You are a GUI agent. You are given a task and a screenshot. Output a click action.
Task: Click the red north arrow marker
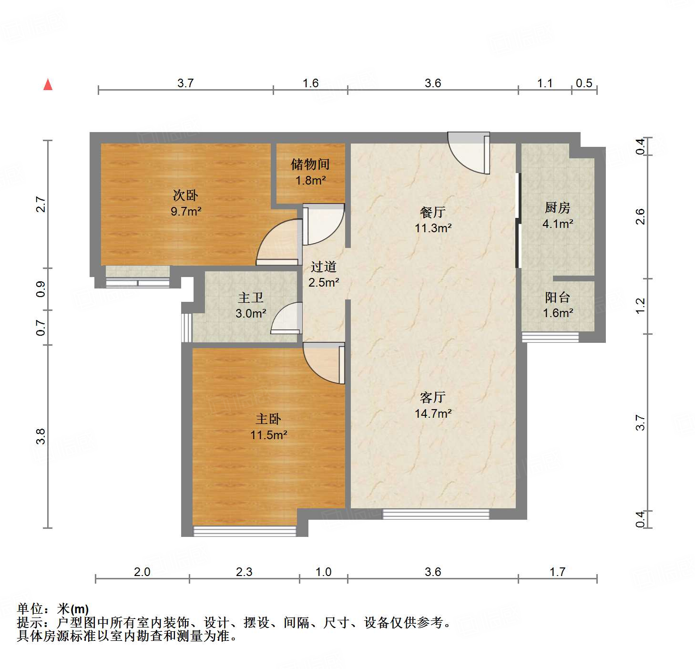pos(48,84)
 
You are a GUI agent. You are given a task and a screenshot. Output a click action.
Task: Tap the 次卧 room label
pos(185,195)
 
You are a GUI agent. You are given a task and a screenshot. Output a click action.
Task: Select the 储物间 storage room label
pos(310,165)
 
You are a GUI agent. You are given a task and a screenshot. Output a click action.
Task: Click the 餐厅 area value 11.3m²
pos(433,228)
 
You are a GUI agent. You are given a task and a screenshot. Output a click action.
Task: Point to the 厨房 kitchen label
pos(557,208)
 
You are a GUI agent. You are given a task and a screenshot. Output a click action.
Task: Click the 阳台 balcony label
pos(557,298)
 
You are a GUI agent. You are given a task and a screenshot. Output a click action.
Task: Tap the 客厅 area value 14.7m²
pos(433,413)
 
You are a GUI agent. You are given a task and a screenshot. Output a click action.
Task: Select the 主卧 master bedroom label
pos(268,419)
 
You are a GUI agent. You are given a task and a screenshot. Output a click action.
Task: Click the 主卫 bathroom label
pos(251,298)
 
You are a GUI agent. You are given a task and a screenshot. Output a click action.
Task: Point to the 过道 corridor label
pos(324,267)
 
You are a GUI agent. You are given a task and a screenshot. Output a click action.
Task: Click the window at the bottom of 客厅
pos(436,514)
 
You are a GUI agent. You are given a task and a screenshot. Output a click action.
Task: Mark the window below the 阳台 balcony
pos(550,337)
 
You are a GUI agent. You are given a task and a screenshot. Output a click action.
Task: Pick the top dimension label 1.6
pos(310,83)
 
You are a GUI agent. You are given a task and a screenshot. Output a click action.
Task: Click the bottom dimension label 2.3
pos(244,572)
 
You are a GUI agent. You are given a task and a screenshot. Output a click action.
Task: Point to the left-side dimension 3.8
pos(41,436)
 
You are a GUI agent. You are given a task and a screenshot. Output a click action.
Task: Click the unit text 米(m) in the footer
pos(73,609)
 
